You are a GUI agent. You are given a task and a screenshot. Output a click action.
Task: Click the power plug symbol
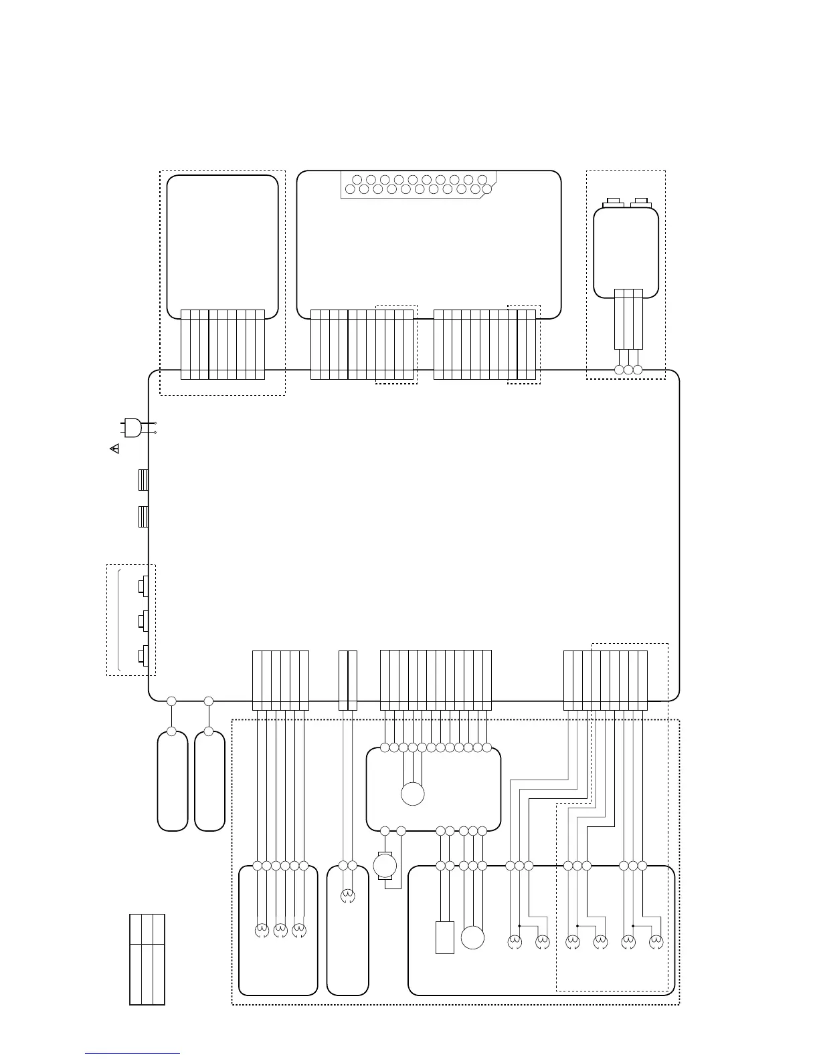[x=132, y=427]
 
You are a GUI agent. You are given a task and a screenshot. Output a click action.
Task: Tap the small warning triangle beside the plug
[x=114, y=448]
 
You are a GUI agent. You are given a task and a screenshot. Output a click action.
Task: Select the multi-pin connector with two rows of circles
[x=419, y=185]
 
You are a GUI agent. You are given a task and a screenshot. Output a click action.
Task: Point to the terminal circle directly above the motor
[x=385, y=831]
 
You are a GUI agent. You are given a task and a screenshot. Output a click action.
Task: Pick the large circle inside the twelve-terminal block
[x=413, y=794]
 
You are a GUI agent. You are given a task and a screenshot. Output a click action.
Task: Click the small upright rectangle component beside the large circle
[x=444, y=937]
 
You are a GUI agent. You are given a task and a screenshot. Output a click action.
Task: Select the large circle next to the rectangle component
[x=472, y=937]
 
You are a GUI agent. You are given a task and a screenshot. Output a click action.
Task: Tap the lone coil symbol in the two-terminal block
[x=347, y=896]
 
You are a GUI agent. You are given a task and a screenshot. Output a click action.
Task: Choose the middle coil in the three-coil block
[x=280, y=930]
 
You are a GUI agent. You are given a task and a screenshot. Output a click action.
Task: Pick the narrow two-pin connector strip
[x=348, y=680]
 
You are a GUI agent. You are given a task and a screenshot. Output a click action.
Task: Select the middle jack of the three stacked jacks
[x=142, y=621]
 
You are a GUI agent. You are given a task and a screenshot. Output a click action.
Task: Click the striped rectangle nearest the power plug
[x=143, y=480]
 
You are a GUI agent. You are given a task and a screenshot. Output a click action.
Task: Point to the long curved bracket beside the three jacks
[x=118, y=620]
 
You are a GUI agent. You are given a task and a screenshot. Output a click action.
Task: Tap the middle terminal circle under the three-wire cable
[x=628, y=370]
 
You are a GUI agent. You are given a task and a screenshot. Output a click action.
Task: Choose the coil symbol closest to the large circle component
[x=514, y=942]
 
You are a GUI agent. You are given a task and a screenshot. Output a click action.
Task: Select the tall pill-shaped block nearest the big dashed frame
[x=209, y=781]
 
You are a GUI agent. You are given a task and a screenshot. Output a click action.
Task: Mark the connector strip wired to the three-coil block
[x=280, y=680]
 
